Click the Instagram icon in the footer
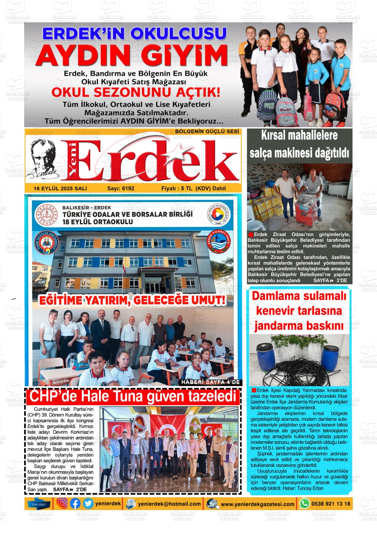(x=62, y=503)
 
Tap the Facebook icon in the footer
(x=75, y=503)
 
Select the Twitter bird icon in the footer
(x=88, y=503)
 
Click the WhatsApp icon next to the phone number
(x=304, y=504)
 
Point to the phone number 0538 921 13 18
(x=330, y=504)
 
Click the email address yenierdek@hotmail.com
(x=169, y=504)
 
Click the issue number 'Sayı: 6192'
(x=121, y=188)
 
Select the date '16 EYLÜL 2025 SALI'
(x=60, y=188)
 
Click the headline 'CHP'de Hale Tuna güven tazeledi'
(x=133, y=397)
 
